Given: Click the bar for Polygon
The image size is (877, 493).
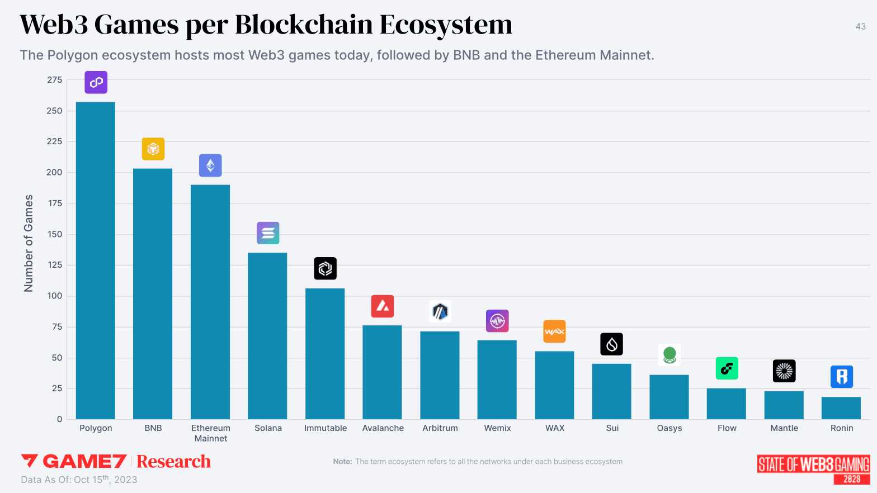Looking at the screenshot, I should pos(96,260).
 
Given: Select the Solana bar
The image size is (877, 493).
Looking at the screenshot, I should pos(267,335).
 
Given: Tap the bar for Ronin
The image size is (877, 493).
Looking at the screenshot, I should pos(841,408).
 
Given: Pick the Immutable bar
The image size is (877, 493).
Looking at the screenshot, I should pos(325,353).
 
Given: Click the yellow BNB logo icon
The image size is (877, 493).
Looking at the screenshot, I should pos(153,149).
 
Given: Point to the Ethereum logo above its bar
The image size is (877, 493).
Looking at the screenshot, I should pos(210,165).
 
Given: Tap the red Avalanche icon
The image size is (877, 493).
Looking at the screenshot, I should pos(383,306).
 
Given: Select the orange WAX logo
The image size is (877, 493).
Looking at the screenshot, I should pos(554,331).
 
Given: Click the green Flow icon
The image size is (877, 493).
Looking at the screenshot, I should pos(727,368).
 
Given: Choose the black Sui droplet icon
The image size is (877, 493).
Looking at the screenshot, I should pos(611,344).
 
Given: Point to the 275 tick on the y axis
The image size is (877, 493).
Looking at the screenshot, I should pos(55,80).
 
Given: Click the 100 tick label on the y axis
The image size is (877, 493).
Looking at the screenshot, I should pos(55,296).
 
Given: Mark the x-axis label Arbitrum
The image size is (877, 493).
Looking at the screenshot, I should pos(440,428).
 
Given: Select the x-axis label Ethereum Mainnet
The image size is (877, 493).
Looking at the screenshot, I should pos(211,433).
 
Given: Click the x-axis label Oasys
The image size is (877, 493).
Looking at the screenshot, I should pos(669,428).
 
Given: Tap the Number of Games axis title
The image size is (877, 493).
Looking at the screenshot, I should pos(29,243).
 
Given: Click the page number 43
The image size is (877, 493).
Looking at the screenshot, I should pos(861,26).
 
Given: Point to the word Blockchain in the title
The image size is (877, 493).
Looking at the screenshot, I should pos(304,25).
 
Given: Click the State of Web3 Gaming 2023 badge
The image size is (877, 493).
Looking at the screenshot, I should pos(814,469).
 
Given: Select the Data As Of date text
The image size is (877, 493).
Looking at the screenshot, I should pos(79,480).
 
